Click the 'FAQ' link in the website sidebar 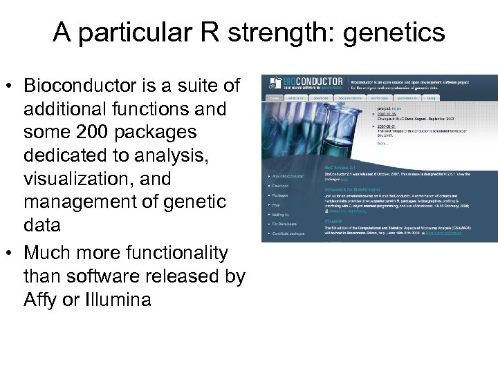[x=276, y=205]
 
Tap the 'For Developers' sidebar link [x=284, y=224]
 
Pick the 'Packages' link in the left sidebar [x=280, y=195]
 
